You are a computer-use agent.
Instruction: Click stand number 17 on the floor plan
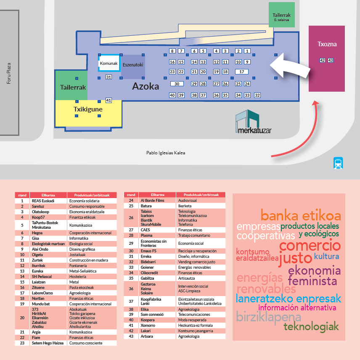241,72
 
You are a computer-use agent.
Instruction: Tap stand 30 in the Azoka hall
177,84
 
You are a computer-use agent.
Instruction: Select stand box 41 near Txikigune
109,101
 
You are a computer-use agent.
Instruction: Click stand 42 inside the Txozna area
322,61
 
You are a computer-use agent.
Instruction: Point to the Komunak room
109,63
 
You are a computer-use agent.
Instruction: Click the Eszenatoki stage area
133,66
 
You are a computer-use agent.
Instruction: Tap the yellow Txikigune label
88,109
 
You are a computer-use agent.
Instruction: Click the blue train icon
338,163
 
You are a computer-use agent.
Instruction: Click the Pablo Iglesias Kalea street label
165,153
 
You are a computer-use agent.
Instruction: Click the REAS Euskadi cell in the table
43,201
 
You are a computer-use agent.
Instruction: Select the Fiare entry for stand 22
36,337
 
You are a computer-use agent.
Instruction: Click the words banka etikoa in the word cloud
300,216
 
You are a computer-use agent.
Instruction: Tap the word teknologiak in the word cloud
311,327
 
